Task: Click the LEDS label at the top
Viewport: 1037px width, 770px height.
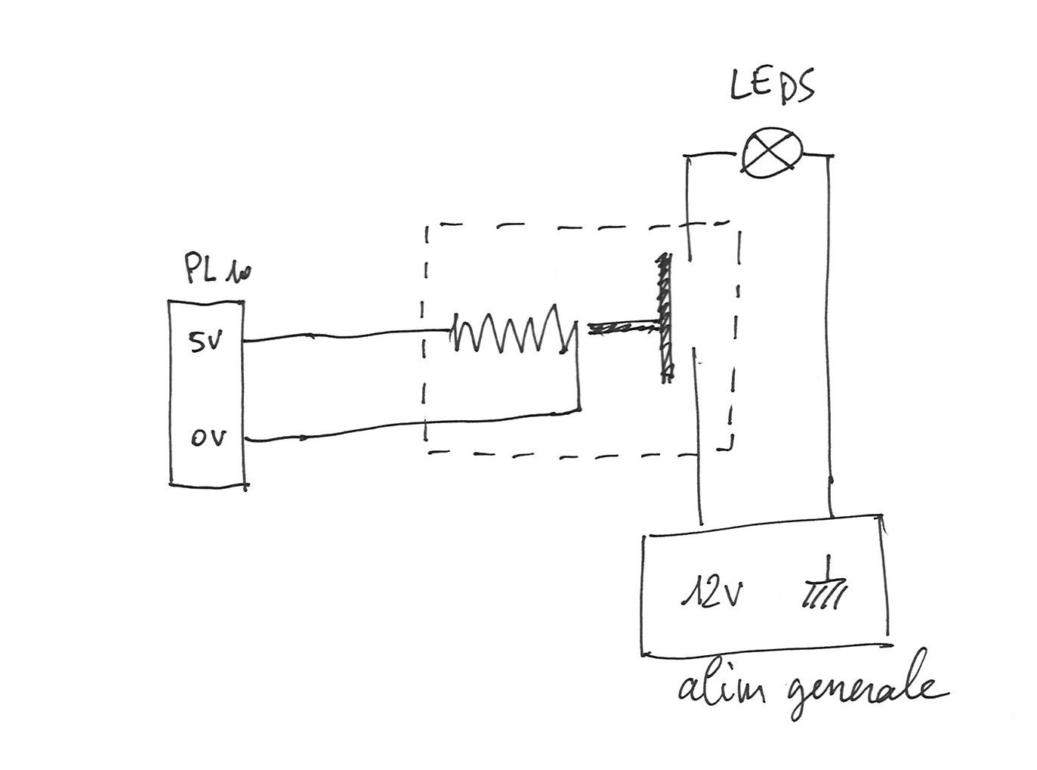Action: pos(771,87)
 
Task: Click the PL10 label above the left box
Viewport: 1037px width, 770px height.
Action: pos(218,269)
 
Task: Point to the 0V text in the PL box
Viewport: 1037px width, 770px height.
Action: pos(208,438)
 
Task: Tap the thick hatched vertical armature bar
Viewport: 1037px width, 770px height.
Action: pos(665,318)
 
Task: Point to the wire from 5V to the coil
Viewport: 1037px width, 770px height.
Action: pos(347,336)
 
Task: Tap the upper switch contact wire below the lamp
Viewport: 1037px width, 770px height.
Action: pos(688,208)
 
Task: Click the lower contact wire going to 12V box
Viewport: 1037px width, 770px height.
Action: pos(697,435)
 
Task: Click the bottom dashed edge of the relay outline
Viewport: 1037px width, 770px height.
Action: pos(580,454)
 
